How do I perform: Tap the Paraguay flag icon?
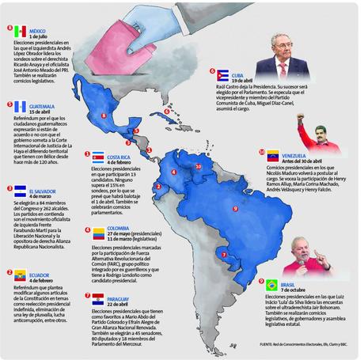[98, 299]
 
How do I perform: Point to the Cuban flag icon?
[225, 74]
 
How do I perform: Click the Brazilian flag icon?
[271, 285]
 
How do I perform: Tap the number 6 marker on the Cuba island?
[169, 111]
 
